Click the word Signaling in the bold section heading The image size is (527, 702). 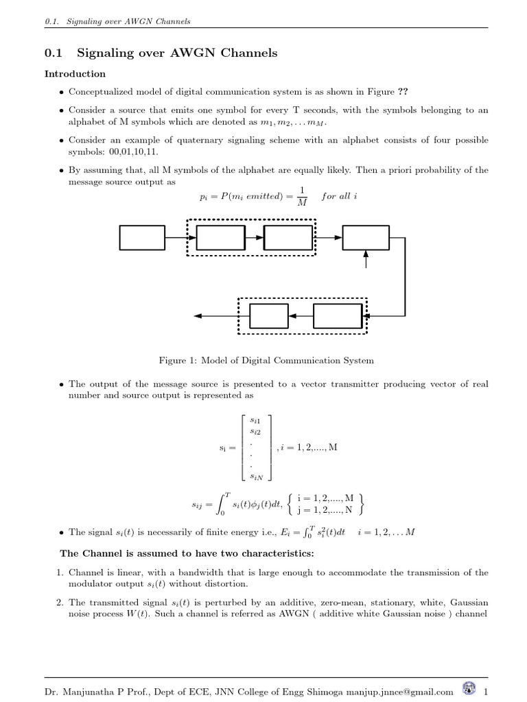coord(108,53)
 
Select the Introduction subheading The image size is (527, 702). coord(75,73)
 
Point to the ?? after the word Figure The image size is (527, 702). coord(413,93)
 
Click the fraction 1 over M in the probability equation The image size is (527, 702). coord(302,197)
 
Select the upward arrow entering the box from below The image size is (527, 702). coord(366,259)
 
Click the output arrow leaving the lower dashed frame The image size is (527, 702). coord(215,316)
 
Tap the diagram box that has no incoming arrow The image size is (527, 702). coord(142,237)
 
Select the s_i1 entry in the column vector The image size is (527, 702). coord(256,419)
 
